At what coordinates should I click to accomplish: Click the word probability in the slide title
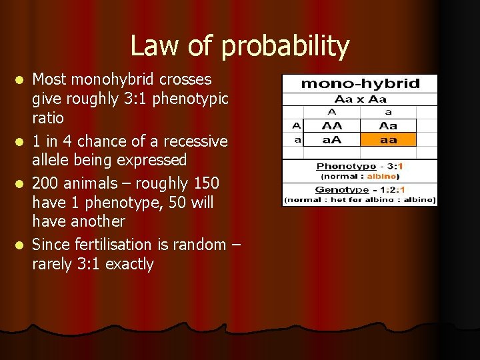(285, 47)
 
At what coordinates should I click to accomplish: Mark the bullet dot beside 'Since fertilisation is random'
(21, 245)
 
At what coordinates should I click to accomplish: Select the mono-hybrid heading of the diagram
(360, 83)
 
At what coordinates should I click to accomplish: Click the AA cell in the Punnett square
(331, 125)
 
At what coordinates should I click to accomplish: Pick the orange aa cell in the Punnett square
(387, 139)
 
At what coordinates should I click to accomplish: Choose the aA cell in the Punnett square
(331, 139)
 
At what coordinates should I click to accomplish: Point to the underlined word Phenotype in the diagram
(346, 166)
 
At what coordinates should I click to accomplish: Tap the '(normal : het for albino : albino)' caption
(360, 199)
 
